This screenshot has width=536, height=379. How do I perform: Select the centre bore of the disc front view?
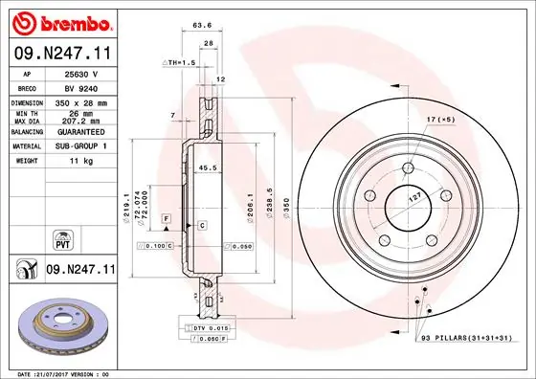408,203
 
